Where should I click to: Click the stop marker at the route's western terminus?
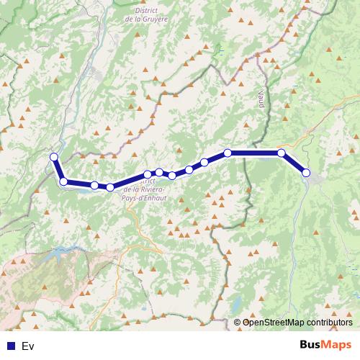(x=53, y=157)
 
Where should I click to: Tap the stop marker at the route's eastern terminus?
(x=306, y=173)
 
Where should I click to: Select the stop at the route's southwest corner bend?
(x=63, y=181)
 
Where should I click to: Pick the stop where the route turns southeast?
(x=282, y=153)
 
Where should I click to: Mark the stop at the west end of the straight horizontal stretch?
(x=228, y=153)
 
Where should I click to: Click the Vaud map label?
(x=261, y=99)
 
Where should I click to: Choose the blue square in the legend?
(x=11, y=346)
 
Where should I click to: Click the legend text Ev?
(x=28, y=346)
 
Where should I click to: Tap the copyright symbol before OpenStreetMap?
(x=237, y=323)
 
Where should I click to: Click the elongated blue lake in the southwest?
(x=61, y=253)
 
